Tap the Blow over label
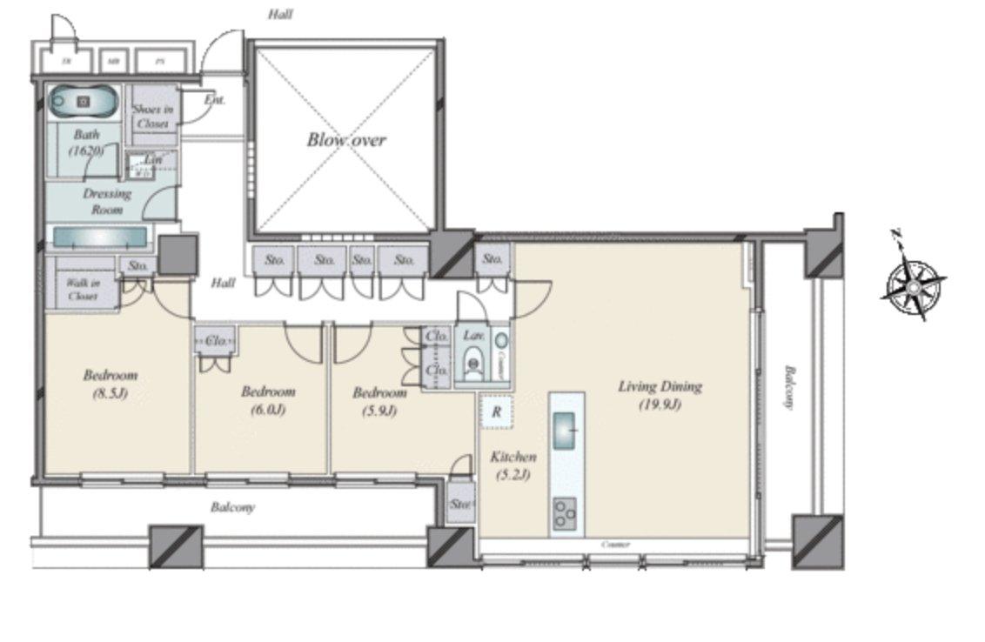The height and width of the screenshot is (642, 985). [x=345, y=140]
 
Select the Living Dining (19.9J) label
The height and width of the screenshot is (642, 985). [x=660, y=395]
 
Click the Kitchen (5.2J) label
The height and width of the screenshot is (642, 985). [x=513, y=465]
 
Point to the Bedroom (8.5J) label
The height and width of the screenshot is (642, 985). [x=111, y=384]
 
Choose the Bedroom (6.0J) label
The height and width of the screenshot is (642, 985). [x=268, y=400]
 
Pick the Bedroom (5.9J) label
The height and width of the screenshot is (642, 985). [x=379, y=402]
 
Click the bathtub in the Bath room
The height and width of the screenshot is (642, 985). [x=83, y=102]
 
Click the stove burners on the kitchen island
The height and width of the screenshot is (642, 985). [x=566, y=512]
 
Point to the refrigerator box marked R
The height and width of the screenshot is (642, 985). [x=496, y=412]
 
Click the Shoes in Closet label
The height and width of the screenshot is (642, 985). [x=152, y=117]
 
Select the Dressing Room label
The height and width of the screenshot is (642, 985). [x=107, y=201]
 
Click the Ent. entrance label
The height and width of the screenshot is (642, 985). [x=215, y=100]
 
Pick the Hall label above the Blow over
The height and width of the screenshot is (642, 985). [x=280, y=14]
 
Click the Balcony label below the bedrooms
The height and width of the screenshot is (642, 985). [x=233, y=507]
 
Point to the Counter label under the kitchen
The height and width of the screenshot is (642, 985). [x=616, y=545]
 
